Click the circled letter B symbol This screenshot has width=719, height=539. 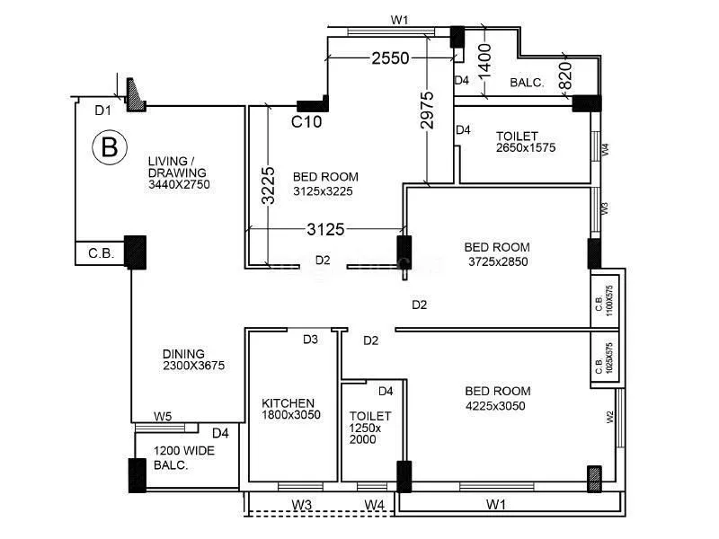(109, 146)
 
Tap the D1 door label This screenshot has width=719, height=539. (103, 110)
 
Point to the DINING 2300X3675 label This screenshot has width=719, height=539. (192, 359)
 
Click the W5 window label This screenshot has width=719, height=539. (163, 416)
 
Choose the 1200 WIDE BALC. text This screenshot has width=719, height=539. (183, 458)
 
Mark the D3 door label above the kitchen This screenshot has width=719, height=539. (310, 340)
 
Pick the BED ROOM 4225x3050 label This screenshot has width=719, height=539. (498, 398)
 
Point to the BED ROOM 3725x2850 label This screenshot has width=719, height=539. (496, 254)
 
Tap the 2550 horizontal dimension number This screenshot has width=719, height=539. (390, 59)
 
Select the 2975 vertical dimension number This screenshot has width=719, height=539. (427, 110)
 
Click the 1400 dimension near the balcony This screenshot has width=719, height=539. (484, 61)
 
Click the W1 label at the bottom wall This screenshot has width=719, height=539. (495, 505)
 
